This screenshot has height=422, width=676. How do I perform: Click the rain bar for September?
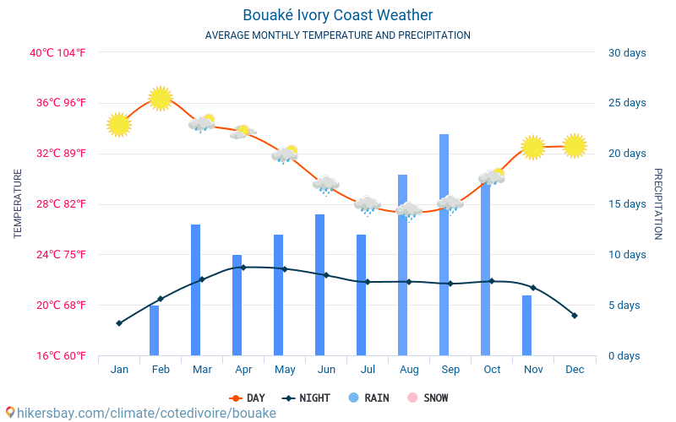(444, 245)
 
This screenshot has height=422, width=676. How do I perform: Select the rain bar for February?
(154, 330)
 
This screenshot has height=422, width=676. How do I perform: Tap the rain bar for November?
(526, 325)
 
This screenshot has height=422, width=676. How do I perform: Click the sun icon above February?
(161, 98)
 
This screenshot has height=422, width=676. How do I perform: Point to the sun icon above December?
(575, 145)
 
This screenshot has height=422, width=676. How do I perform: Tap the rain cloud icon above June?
(325, 184)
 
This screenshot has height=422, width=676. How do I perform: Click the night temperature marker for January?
(119, 323)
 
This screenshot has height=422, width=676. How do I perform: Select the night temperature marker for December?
(575, 316)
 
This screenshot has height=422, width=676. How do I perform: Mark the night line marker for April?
(243, 268)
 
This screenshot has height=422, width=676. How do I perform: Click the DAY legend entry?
(247, 398)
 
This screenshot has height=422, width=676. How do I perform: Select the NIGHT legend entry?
(307, 398)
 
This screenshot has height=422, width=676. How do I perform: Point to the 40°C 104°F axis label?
(58, 53)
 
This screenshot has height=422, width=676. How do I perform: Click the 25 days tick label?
(627, 103)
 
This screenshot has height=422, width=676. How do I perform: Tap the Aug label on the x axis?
(409, 370)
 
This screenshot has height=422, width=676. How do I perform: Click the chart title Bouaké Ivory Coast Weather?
(338, 15)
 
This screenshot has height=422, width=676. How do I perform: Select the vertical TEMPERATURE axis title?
(18, 203)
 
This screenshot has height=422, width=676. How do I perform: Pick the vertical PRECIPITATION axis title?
(658, 203)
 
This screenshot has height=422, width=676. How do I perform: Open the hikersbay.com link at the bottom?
(140, 414)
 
